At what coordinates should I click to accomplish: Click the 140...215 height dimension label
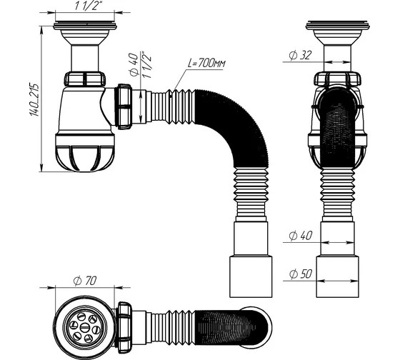click(x=35, y=99)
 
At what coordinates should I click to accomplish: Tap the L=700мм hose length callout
click(x=207, y=63)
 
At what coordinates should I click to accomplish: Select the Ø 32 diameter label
click(x=301, y=55)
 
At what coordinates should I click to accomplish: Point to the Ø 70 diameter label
click(x=85, y=281)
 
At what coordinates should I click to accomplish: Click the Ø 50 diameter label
click(x=301, y=274)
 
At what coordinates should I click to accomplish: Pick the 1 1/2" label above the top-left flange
click(x=86, y=6)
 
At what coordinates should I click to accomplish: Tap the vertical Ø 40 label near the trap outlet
click(x=134, y=64)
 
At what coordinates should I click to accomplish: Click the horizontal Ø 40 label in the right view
click(x=301, y=235)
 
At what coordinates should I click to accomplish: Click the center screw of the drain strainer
click(x=84, y=327)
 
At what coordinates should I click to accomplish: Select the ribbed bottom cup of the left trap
click(x=85, y=158)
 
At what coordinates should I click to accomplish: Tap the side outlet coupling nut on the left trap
click(x=124, y=106)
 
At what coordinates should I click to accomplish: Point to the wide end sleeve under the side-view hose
click(x=251, y=277)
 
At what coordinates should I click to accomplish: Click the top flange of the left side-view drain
click(x=85, y=26)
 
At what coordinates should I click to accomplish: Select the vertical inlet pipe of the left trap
click(x=85, y=59)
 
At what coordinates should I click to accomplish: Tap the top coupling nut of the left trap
click(x=85, y=79)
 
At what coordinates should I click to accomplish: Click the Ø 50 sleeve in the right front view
click(x=337, y=277)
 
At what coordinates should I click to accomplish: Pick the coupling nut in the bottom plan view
click(x=124, y=327)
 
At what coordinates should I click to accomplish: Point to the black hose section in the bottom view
click(x=232, y=328)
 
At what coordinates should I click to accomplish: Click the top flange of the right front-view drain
click(x=337, y=25)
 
